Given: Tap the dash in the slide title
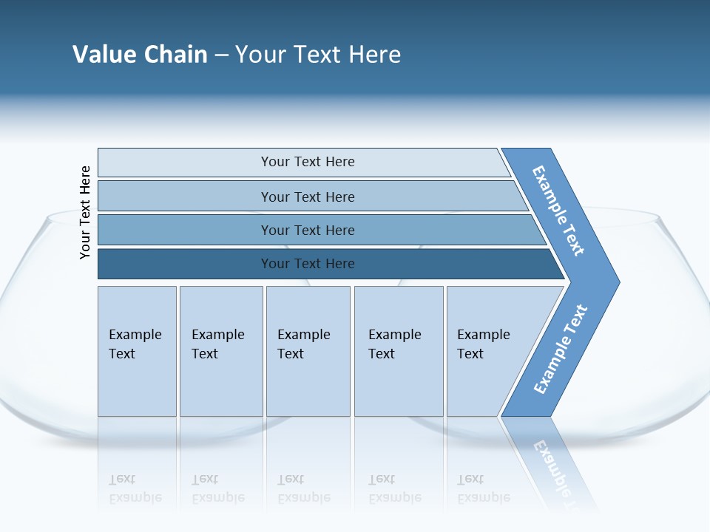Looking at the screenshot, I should click(221, 55).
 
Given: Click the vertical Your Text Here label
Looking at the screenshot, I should click(85, 212).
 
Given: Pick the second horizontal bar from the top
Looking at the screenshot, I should click(307, 197).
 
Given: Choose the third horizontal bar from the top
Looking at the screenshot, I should click(307, 230).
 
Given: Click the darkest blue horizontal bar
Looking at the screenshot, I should click(307, 264).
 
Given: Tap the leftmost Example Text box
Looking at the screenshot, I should click(137, 351).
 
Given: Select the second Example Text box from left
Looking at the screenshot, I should click(220, 351).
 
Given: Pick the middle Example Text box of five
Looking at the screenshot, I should click(308, 351).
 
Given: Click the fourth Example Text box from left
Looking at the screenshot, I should click(398, 351).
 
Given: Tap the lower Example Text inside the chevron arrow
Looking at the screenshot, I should click(560, 349).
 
